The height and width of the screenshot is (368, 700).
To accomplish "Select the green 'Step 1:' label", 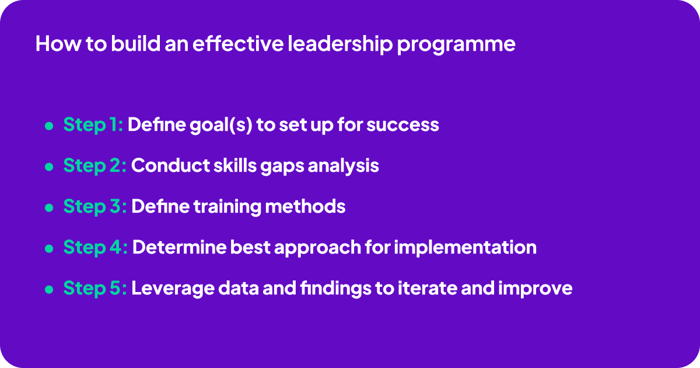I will coord(93,125).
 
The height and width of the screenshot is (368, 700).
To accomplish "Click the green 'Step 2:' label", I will coord(94,166).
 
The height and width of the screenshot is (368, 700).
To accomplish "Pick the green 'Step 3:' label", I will coord(94,207).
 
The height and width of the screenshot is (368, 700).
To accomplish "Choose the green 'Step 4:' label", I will coord(95,248).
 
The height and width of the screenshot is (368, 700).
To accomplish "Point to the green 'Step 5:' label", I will coord(94,289).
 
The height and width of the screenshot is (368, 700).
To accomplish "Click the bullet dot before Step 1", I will coord(49,126).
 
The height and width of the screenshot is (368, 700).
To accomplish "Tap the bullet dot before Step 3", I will coord(49,208).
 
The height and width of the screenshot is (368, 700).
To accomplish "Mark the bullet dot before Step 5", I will coord(49,290).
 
